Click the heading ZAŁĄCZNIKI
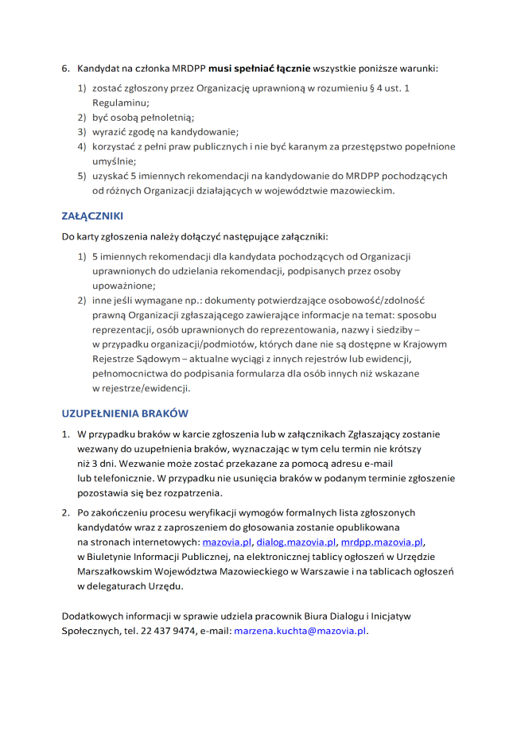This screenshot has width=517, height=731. [92, 216]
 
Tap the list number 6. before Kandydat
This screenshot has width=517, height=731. [67, 68]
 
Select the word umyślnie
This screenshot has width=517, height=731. [115, 161]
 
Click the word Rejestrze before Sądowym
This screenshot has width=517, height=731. [115, 358]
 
